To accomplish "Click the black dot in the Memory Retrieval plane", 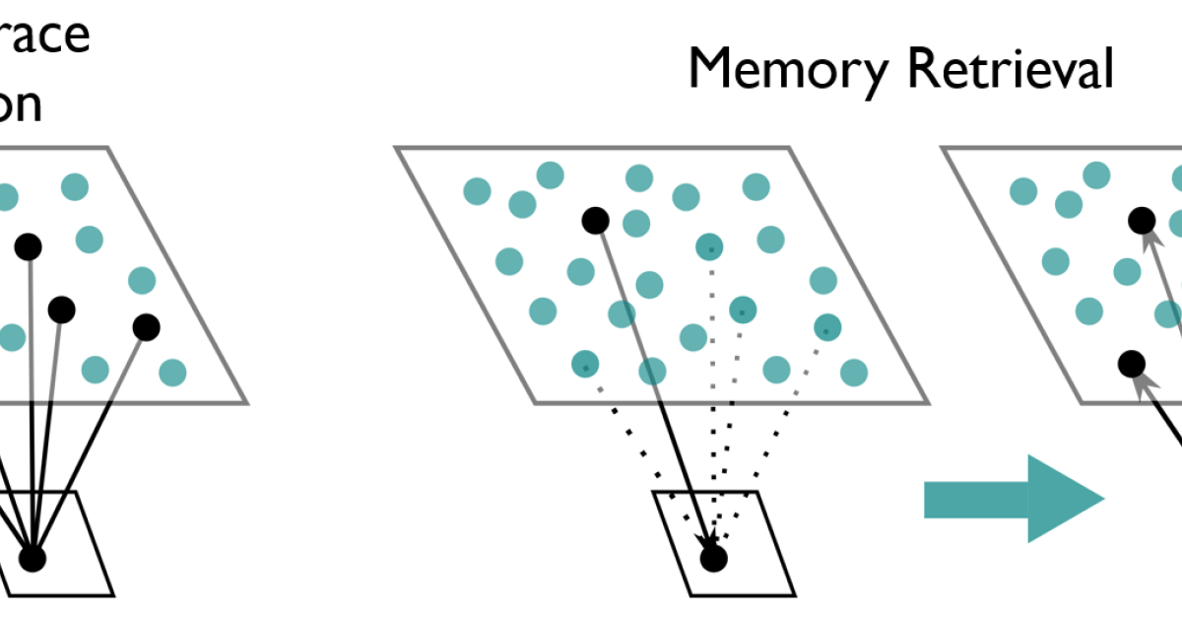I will point(595,221).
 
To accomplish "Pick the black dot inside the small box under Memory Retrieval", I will point(713,559).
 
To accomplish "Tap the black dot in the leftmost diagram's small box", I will point(33,559).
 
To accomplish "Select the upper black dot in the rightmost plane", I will point(1142,220).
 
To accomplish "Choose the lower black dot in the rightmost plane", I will point(1131,364).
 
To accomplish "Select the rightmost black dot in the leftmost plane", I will point(146,326).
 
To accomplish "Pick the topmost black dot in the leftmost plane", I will point(28,244).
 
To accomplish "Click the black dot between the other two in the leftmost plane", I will point(61,310).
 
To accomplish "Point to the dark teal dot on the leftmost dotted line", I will point(585,365).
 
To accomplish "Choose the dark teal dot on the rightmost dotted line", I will point(825,326).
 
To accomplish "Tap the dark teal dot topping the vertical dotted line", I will point(709,246).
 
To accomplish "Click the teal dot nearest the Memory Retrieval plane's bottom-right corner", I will point(854,372).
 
